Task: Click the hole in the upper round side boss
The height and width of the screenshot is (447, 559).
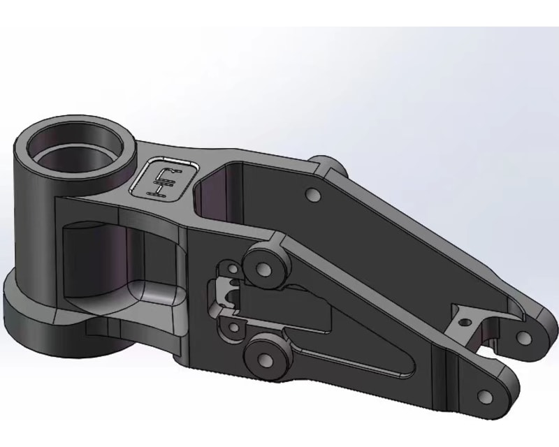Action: pyautogui.click(x=263, y=268)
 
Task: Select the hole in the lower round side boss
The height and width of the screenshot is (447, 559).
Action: pyautogui.click(x=265, y=360)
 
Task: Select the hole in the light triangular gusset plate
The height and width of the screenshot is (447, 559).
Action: pyautogui.click(x=463, y=322)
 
